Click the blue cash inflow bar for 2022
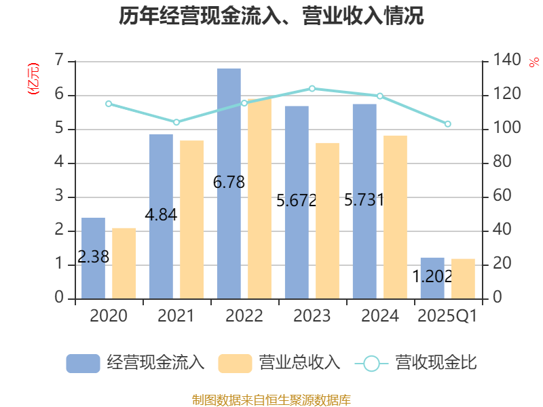[229, 183]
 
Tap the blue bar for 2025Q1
[432, 278]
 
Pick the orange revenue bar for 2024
[396, 217]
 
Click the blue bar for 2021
[161, 216]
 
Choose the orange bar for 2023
[328, 220]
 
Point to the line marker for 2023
[312, 88]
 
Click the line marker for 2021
[176, 122]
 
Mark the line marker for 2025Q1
[447, 124]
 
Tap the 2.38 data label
[94, 258]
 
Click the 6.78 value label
[229, 182]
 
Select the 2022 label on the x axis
[244, 316]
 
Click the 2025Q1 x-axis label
[447, 316]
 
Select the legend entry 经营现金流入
[136, 363]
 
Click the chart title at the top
[271, 16]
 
